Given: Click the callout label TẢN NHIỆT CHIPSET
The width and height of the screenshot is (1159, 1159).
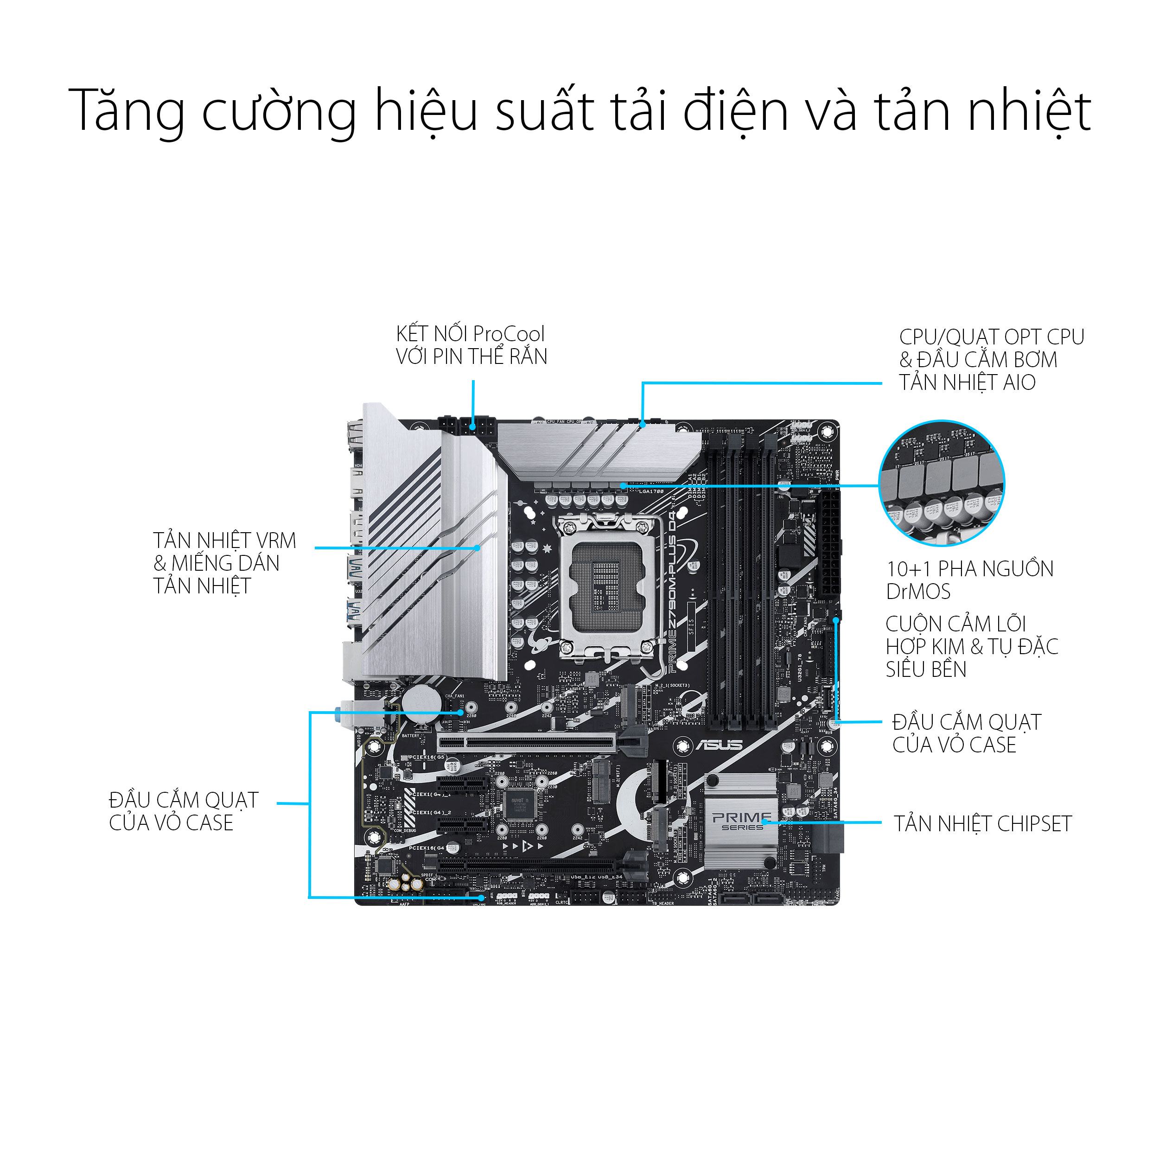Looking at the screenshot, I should click(x=982, y=824).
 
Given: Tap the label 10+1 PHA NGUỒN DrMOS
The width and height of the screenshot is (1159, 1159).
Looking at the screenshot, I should click(x=969, y=580).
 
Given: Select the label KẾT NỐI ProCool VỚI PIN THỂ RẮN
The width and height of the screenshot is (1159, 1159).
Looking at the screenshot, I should click(x=471, y=345).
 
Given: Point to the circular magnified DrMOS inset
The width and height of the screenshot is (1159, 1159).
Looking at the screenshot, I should click(x=941, y=483).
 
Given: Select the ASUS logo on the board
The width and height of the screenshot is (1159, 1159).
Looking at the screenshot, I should click(x=719, y=745).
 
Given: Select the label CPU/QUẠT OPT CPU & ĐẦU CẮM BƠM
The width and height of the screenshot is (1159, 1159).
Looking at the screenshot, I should click(x=991, y=359).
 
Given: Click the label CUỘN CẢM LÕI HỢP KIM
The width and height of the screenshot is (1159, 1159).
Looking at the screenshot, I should click(x=971, y=647).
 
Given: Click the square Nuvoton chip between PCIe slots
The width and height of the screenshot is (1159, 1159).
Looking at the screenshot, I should click(x=518, y=805).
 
